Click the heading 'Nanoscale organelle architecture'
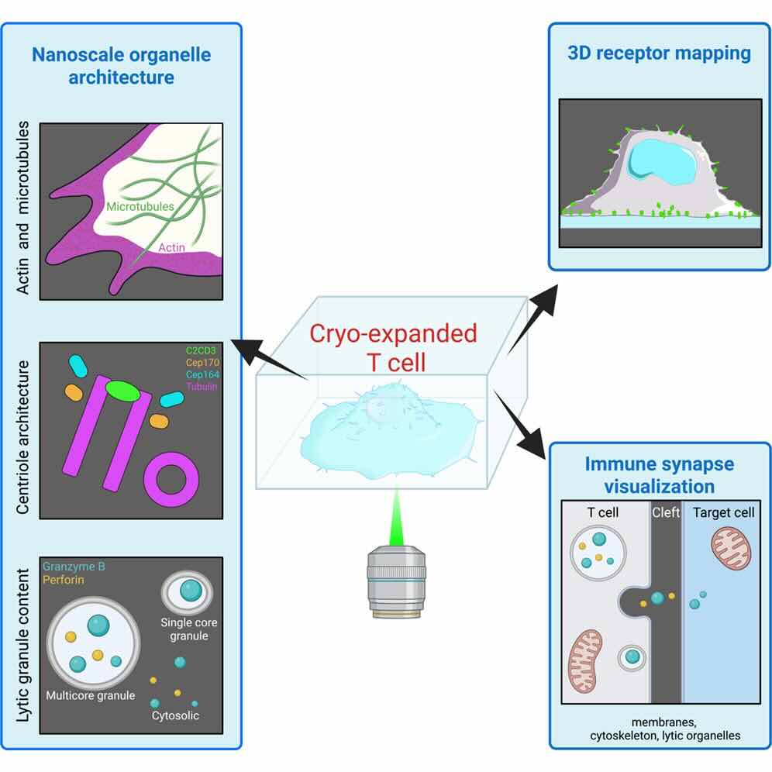pos(121,66)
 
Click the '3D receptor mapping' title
pos(659,53)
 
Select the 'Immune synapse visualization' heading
pos(659,475)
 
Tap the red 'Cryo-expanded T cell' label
pos(393,347)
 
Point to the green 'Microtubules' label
pos(141,207)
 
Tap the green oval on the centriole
pos(123,391)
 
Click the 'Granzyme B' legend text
pos(74,567)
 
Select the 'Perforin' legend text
pos(64,579)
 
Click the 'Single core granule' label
pos(184,629)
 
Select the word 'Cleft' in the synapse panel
pos(666,512)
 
